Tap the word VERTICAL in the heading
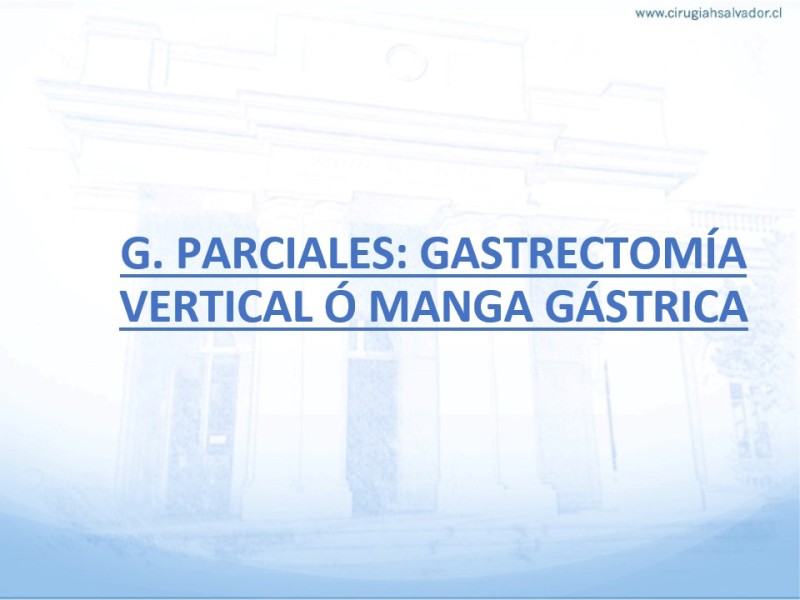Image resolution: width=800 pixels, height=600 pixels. [216, 307]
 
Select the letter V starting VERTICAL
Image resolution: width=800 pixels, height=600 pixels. [135, 307]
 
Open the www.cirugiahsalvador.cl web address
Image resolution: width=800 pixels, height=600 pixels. [708, 14]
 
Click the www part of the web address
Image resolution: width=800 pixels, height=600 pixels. [649, 15]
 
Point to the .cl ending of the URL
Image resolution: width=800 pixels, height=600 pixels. [775, 14]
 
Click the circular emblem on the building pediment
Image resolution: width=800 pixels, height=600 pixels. [406, 62]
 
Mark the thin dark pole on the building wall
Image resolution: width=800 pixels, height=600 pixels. [610, 416]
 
